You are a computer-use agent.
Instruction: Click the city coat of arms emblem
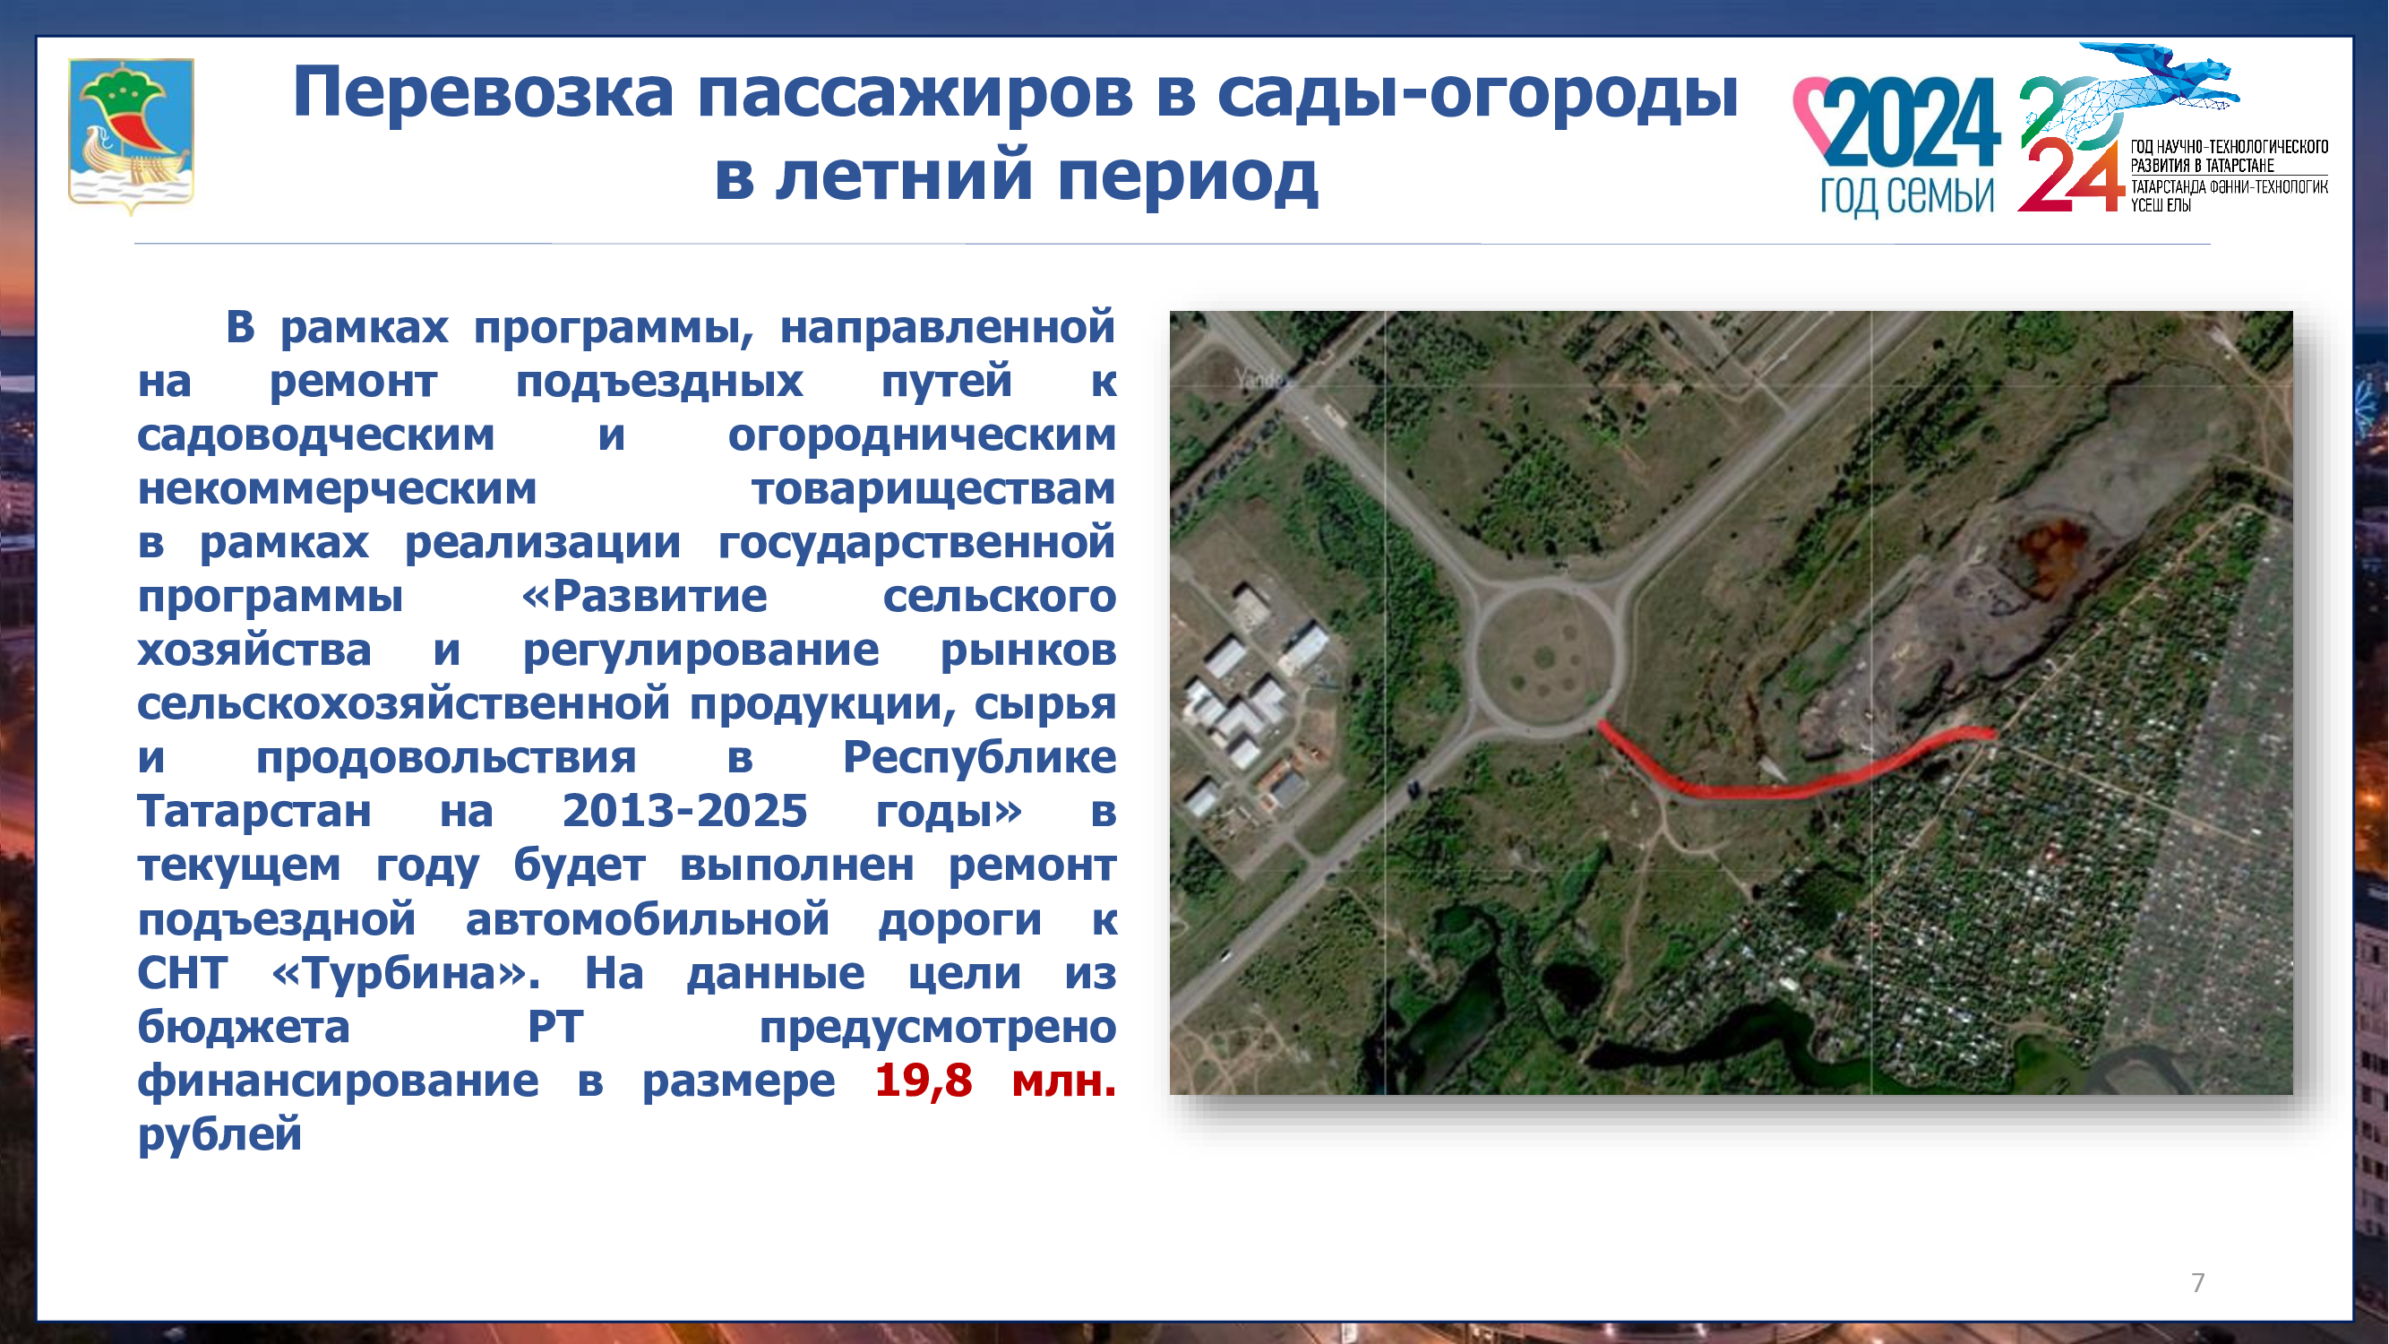click(x=131, y=135)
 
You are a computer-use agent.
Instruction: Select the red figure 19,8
click(x=924, y=1081)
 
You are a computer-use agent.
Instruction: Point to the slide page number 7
click(x=2198, y=1283)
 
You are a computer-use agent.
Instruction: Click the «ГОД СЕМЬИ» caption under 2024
click(x=1907, y=195)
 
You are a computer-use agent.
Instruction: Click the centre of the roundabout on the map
click(x=1545, y=658)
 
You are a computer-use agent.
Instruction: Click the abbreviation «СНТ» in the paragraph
click(x=182, y=974)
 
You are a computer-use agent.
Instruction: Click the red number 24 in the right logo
click(x=2071, y=177)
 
